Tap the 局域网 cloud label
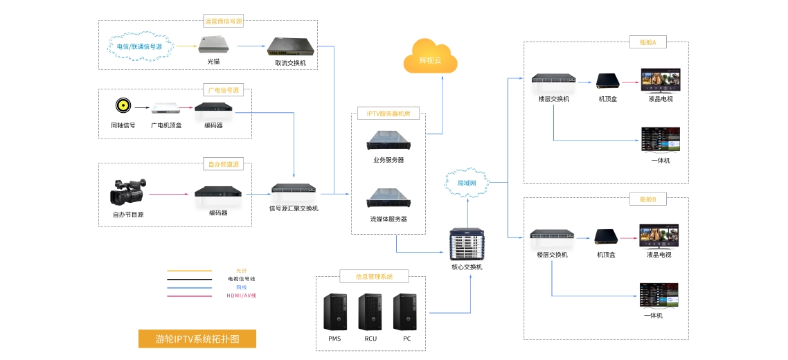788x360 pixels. [467, 183]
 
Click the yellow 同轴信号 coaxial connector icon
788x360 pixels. [123, 106]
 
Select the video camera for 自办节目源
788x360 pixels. [128, 192]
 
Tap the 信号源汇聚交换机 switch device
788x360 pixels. [294, 188]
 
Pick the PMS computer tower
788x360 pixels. [334, 312]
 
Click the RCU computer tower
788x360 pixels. [370, 312]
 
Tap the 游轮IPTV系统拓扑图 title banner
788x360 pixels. [197, 339]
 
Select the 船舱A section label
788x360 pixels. [647, 43]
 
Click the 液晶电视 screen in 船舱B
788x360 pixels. [659, 235]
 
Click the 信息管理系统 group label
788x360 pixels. [374, 276]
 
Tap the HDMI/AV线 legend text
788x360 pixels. [242, 296]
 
